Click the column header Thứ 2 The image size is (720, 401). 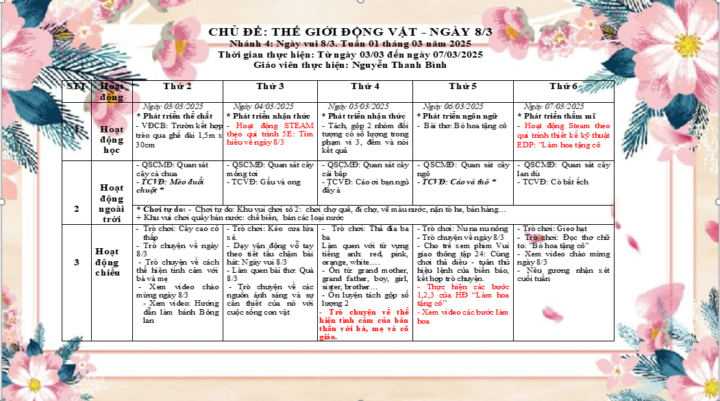[177, 86]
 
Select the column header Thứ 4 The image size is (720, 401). [364, 86]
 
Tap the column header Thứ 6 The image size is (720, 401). [563, 86]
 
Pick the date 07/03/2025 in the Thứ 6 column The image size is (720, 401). [557, 106]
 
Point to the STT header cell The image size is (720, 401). [75, 86]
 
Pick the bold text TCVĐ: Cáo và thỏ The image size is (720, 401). [458, 182]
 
